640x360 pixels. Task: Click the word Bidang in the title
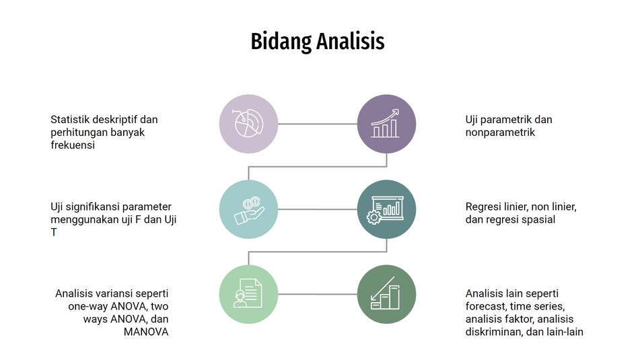[x=281, y=42]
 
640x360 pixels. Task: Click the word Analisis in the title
[x=351, y=41]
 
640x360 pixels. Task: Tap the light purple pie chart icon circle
[x=248, y=124]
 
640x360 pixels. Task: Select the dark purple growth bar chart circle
[x=386, y=124]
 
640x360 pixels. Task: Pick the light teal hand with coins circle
[x=248, y=209]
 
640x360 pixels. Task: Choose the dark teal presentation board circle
[x=386, y=209]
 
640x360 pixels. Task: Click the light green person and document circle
[x=248, y=294]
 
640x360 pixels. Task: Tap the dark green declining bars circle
[x=386, y=294]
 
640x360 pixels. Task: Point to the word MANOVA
[x=146, y=332]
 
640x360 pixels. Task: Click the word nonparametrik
[x=500, y=133]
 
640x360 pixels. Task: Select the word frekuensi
[x=73, y=145]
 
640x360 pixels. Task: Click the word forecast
[x=485, y=306]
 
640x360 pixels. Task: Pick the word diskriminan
[x=493, y=332]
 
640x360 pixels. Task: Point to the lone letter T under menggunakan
[x=54, y=232]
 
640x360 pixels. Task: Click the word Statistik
[x=70, y=120]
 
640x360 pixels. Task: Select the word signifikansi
[x=90, y=207]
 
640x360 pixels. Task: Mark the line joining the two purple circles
[x=318, y=124]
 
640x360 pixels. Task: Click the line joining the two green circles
[x=318, y=294]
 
